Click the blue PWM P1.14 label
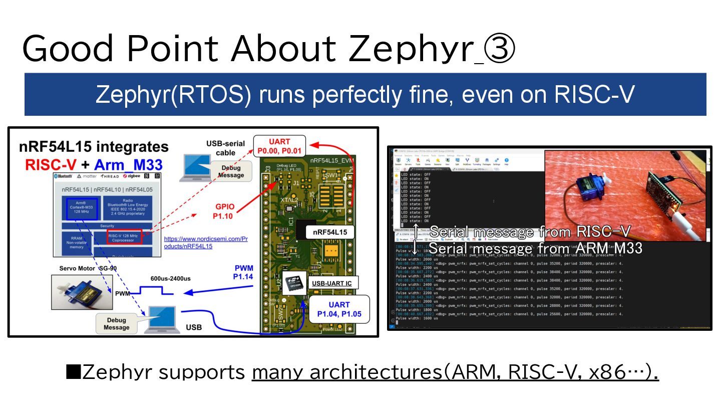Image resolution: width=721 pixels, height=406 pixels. [242, 272]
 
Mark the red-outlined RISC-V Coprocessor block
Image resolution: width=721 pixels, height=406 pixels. [125, 238]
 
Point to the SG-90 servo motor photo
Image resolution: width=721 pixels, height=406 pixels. [75, 292]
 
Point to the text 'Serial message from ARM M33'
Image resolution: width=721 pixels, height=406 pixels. [535, 249]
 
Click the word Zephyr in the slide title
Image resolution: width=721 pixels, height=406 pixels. [411, 49]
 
